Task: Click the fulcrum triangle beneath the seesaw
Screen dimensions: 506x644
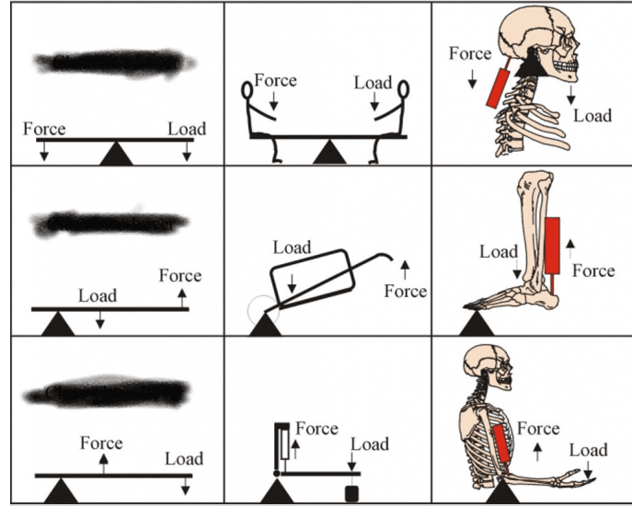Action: [328, 154]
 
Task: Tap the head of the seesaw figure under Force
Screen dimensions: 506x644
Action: [247, 91]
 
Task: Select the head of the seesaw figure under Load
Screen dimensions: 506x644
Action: [402, 91]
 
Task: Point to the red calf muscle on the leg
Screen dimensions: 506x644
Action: [553, 246]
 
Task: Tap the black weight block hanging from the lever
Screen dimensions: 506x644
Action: [351, 493]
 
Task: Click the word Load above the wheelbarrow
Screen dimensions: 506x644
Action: [292, 247]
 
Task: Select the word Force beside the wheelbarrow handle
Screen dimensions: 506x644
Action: [405, 291]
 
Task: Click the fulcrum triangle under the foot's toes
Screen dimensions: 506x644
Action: [477, 323]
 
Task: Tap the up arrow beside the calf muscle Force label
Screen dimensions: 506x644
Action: [569, 244]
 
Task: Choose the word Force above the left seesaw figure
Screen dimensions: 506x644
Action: [275, 81]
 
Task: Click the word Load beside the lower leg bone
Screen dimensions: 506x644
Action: [500, 251]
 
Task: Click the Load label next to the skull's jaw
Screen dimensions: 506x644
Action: [592, 116]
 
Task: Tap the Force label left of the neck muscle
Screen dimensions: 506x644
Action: [470, 54]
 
